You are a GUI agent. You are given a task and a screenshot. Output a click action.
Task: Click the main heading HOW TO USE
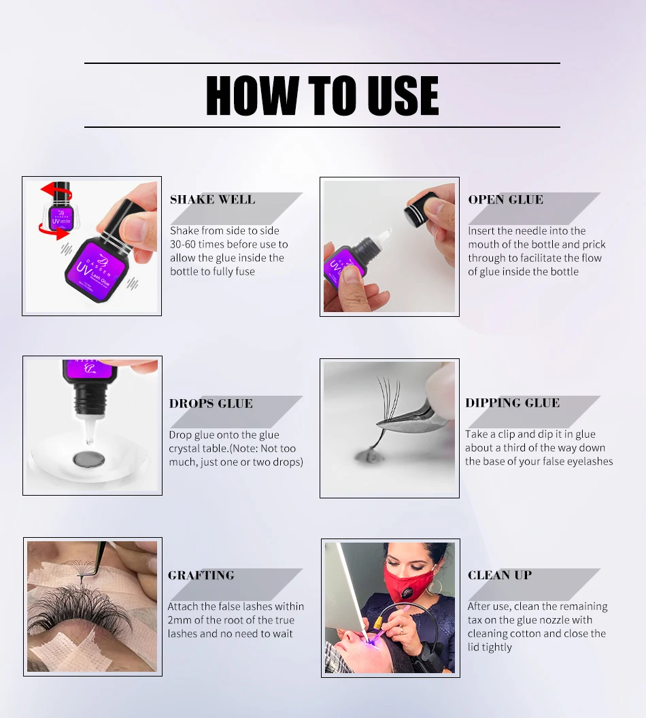click(x=322, y=95)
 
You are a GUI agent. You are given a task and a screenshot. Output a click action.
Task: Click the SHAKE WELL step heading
click(x=212, y=199)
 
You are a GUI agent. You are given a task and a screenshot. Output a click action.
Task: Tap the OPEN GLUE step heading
click(x=505, y=199)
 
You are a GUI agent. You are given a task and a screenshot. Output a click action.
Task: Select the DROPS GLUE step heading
click(x=211, y=403)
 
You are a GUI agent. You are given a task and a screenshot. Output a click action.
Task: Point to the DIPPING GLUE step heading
click(x=512, y=403)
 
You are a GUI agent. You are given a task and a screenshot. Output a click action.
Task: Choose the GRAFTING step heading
click(x=201, y=575)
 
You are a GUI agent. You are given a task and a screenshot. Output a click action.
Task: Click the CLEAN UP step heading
click(x=500, y=575)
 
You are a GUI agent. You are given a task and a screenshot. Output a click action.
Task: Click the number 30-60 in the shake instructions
click(x=182, y=245)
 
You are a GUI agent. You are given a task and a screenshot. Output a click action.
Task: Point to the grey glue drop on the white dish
click(x=89, y=459)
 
